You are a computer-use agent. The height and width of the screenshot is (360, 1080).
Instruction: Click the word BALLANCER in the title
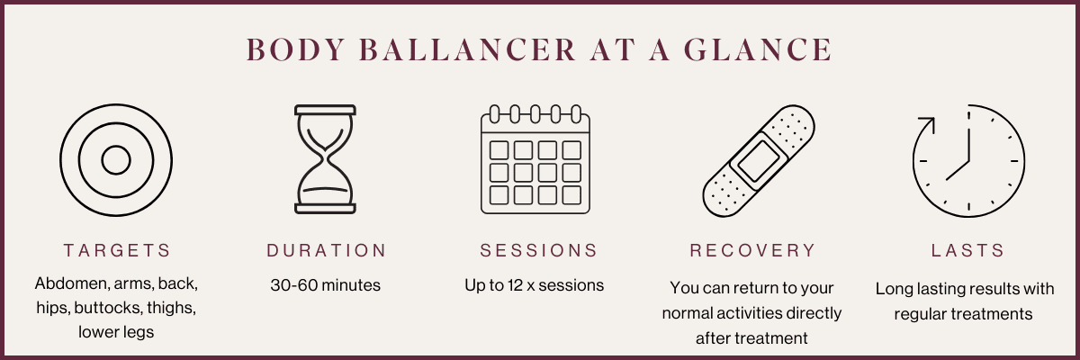[x=467, y=49]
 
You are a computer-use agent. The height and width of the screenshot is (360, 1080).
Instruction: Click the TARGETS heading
[x=117, y=250]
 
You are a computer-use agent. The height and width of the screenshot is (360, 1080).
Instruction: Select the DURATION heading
[x=327, y=250]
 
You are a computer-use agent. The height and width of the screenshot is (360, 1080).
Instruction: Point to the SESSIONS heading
[x=538, y=250]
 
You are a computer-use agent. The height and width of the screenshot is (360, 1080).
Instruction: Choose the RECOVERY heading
[x=752, y=250]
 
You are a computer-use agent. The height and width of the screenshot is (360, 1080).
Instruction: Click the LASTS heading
[x=967, y=250]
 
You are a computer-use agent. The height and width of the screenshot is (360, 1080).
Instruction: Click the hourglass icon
[x=326, y=159]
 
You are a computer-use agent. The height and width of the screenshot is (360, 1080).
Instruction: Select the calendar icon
[x=535, y=159]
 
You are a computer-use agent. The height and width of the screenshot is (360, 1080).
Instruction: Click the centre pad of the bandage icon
[x=758, y=161]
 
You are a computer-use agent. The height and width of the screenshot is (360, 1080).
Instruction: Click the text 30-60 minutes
[x=326, y=285]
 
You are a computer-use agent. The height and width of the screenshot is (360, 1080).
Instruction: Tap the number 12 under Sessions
[x=515, y=285]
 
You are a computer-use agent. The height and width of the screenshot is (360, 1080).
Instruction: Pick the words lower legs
[x=116, y=332]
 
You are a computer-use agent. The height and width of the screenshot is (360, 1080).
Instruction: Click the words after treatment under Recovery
[x=751, y=338]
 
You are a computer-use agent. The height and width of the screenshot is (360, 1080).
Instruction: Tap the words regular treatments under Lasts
[x=963, y=314]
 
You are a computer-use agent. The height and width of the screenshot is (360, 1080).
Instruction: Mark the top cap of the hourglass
[x=326, y=110]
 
